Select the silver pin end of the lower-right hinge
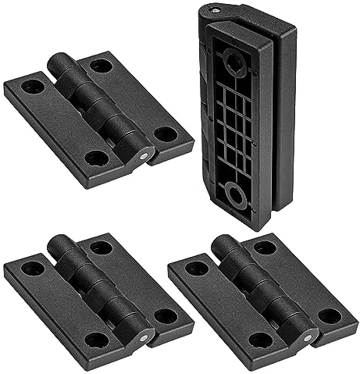pyautogui.click(x=307, y=337)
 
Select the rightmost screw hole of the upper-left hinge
pyautogui.click(x=166, y=134)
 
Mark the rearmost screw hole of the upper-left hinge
pyautogui.click(x=101, y=66)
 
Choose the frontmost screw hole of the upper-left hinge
pyautogui.click(x=96, y=159)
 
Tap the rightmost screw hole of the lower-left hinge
pyautogui.click(x=166, y=315)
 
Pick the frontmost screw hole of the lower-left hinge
pyautogui.click(x=96, y=340)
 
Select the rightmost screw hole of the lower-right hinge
pyautogui.click(x=330, y=315)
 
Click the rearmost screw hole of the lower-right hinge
pyautogui.click(x=266, y=248)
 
